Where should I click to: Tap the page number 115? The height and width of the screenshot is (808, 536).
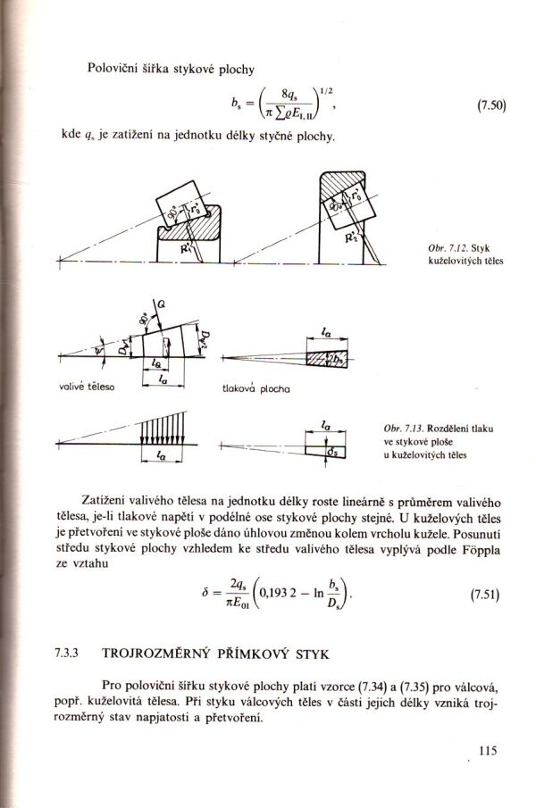point(486,750)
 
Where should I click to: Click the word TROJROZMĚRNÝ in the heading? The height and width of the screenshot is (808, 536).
point(151,654)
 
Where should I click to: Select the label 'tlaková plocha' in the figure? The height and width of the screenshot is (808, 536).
point(253,390)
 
